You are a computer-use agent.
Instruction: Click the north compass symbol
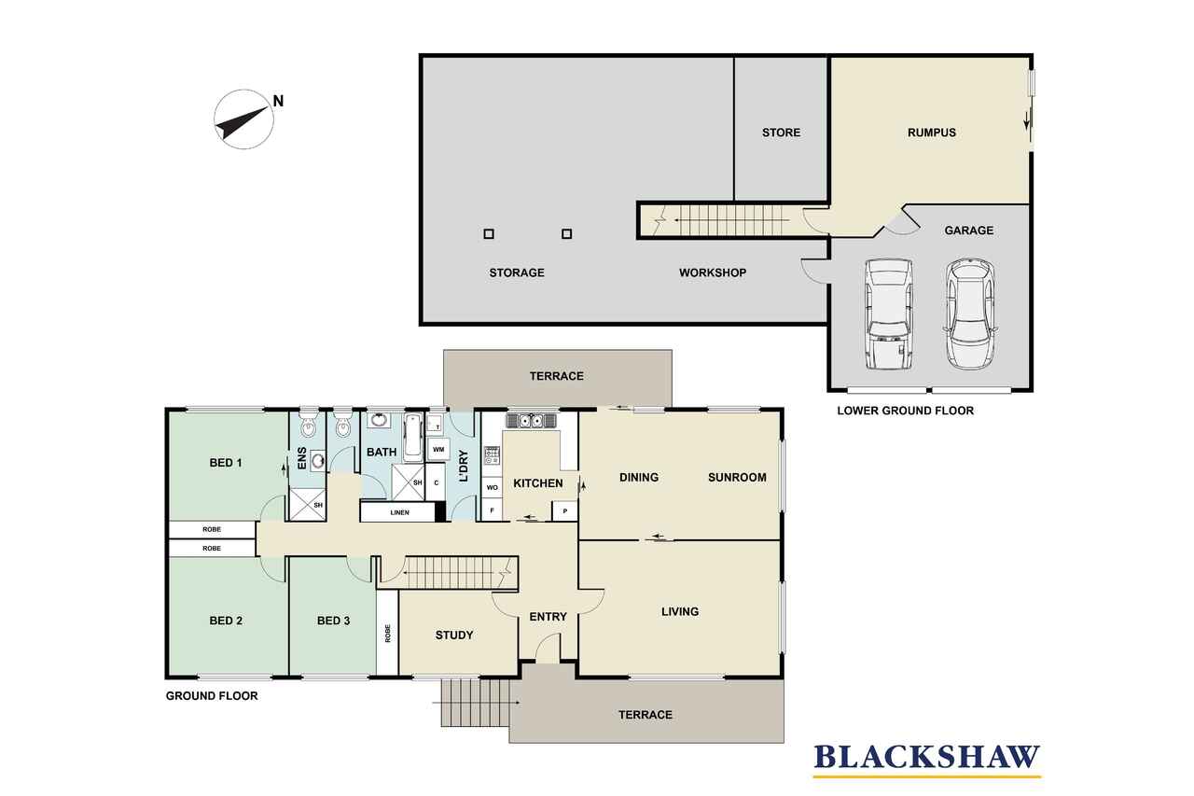coord(244,119)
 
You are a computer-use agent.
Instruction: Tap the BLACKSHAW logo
coord(927,760)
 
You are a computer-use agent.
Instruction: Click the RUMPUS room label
coord(932,133)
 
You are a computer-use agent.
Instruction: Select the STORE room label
coord(781,133)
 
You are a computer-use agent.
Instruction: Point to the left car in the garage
coord(888,314)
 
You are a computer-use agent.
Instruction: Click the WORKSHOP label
coord(713,273)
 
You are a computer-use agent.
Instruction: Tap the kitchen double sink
coord(531,421)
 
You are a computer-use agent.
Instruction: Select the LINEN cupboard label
coord(400,513)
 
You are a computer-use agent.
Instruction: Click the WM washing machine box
coord(438,450)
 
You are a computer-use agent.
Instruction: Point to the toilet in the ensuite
coord(308,424)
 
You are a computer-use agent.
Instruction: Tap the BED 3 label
coord(334,621)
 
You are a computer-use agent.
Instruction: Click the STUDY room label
coord(454,635)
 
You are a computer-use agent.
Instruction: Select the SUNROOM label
coord(737,478)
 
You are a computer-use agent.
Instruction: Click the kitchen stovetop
coord(492,455)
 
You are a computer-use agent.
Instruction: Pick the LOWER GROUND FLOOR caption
coord(905,411)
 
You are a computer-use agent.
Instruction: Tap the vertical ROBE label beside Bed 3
coord(387,634)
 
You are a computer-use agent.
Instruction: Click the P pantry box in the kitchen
coord(565,510)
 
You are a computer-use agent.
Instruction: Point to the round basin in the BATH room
coord(379,420)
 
